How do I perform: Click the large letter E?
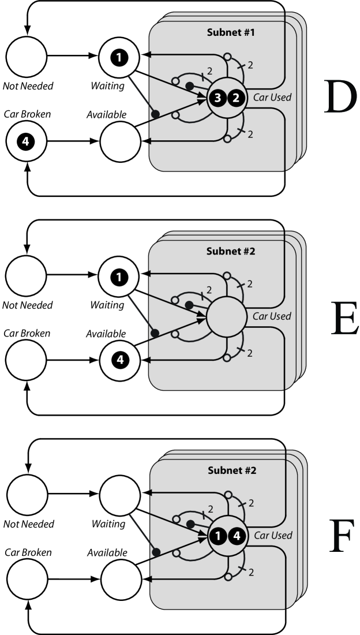(344, 317)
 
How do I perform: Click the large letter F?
(342, 537)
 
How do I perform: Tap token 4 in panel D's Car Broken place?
(26, 141)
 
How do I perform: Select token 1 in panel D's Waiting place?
(119, 58)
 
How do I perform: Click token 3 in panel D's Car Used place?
(217, 98)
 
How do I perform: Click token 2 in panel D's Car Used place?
(237, 98)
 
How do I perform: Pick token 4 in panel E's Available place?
(120, 360)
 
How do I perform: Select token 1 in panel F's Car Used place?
(218, 536)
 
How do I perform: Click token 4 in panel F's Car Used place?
(237, 536)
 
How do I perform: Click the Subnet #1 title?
(231, 32)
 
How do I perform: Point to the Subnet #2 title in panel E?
(231, 251)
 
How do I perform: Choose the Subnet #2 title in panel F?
(232, 470)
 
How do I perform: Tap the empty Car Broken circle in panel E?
(26, 360)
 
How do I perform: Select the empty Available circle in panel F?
(121, 579)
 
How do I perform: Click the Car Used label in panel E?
(272, 316)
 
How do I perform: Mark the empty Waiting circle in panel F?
(120, 495)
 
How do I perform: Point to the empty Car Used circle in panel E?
(226, 316)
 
